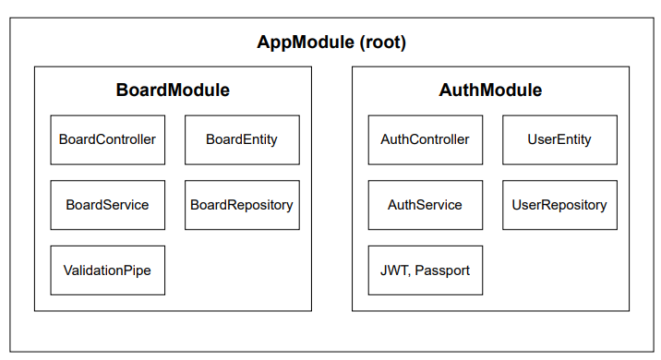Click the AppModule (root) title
[330, 43]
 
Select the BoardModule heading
[173, 90]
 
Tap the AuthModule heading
[490, 90]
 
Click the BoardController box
[107, 139]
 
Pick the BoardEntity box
[242, 139]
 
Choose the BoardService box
[107, 205]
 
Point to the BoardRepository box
[242, 205]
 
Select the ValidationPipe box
[107, 270]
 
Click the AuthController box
[425, 139]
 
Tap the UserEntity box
[559, 139]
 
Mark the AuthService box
[425, 205]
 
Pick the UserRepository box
[559, 205]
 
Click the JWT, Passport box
[425, 270]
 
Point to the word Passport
[442, 270]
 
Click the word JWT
[394, 270]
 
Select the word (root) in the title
[381, 43]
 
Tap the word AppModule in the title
[304, 43]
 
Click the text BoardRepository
[242, 205]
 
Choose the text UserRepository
[559, 205]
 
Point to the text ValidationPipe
[107, 270]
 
